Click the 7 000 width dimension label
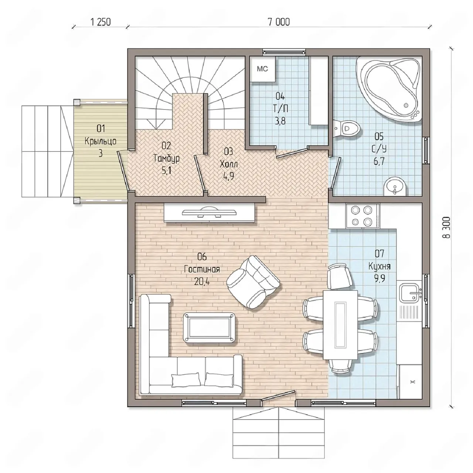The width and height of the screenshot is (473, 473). pos(279,22)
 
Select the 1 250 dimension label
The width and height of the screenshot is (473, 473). pos(101,22)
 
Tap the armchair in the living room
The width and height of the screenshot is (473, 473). pos(253,282)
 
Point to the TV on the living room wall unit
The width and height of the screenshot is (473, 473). pos(209,212)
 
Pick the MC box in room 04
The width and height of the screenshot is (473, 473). pos(262,69)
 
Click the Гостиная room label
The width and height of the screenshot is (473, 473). pos(202,270)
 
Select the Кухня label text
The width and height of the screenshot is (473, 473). pos(380,266)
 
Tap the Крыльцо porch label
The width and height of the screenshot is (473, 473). pos(101,142)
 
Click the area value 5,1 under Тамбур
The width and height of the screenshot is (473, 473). pos(166,170)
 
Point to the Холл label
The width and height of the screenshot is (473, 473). pos(228,164)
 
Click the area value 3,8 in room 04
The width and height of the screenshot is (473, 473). pos(280,121)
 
